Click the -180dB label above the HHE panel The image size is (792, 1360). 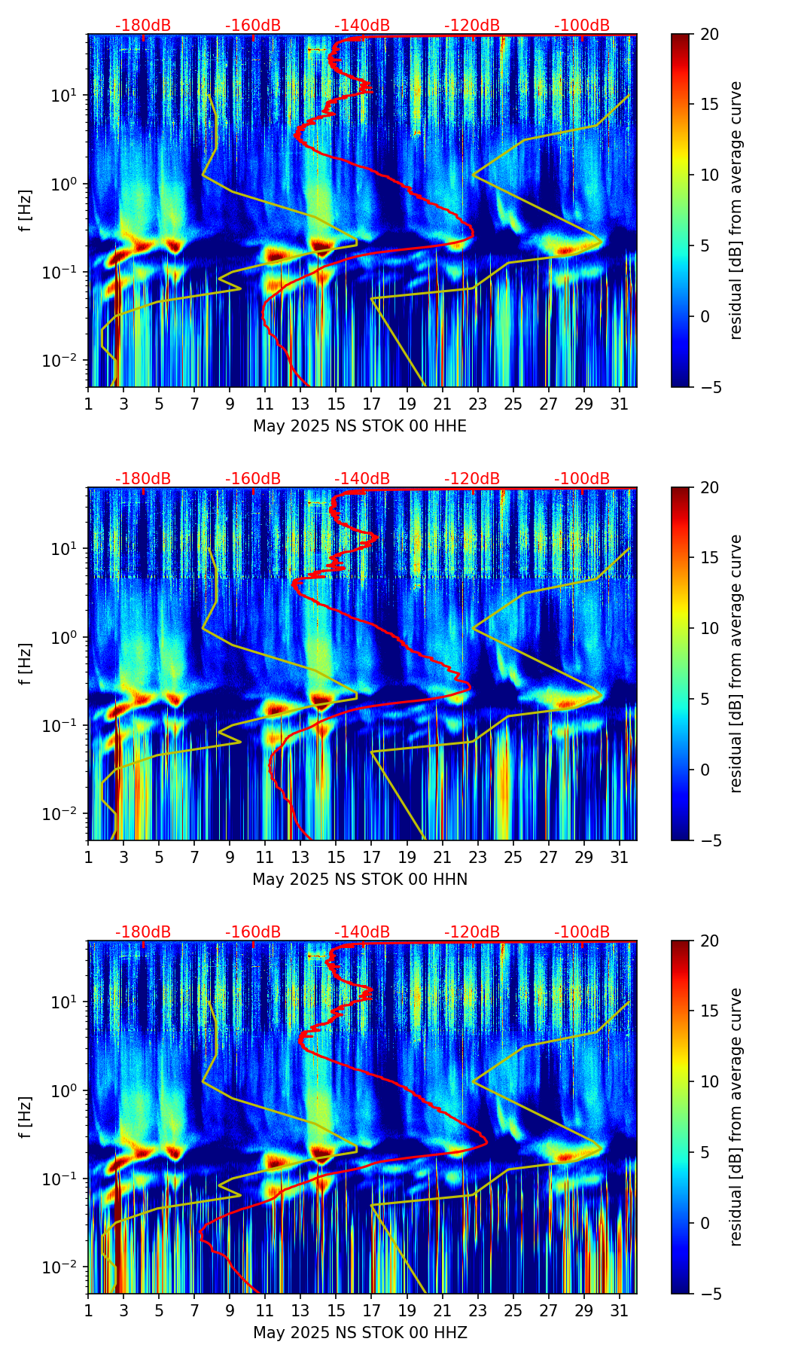(143, 26)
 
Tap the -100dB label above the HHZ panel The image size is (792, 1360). (582, 932)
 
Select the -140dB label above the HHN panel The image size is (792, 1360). (362, 479)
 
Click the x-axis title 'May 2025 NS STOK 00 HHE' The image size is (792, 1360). (360, 426)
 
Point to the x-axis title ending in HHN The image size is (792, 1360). (360, 880)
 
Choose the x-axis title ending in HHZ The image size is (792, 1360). (360, 1333)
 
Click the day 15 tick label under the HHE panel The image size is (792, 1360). (336, 404)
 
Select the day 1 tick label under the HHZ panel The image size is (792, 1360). (89, 1310)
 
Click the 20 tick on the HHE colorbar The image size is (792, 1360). (709, 34)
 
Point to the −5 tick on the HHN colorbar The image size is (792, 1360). (709, 840)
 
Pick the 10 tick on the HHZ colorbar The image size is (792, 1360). (709, 1081)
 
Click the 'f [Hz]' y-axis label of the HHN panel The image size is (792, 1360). (26, 663)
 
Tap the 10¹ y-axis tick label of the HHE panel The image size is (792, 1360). (70, 96)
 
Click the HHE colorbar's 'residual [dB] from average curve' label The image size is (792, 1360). (736, 210)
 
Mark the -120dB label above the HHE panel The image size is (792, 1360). (472, 26)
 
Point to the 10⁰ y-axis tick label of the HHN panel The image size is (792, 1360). (70, 637)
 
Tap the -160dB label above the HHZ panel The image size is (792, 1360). (253, 932)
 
